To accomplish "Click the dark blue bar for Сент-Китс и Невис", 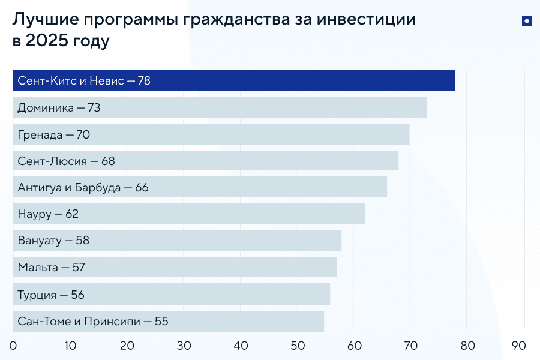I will (233, 80).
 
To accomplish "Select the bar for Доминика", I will (220, 108).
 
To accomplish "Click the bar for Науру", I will (188, 214).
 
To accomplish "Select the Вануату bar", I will (177, 241).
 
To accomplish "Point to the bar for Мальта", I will (175, 267).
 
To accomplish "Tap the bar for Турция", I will (172, 294).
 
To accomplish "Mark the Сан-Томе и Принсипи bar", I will (169, 321).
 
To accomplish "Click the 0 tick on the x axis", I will (13, 346).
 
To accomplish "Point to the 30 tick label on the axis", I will (184, 346).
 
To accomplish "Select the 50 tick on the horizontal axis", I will (297, 346).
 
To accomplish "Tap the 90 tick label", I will (519, 346).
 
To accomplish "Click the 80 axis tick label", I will (467, 346).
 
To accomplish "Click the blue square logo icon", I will (526, 22).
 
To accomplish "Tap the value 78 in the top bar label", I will (144, 81).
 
